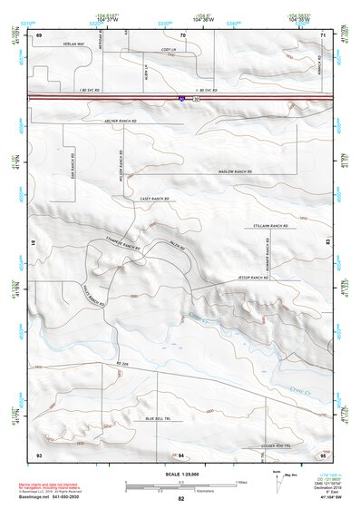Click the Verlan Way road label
point(74,44)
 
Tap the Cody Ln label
point(168,50)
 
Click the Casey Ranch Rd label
point(156,198)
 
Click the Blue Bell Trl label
point(159,418)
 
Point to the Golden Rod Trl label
point(275,445)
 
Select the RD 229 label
point(123,364)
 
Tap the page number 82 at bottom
point(181,499)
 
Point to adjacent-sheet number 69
point(39,34)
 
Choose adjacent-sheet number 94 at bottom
point(181,454)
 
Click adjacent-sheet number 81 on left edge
point(33,243)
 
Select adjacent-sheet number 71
point(323,34)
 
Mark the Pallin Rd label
point(177,246)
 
